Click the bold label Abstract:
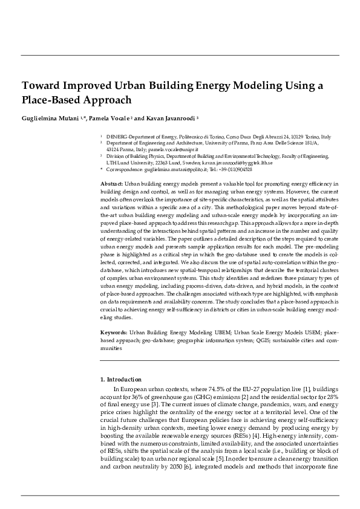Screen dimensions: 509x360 111,183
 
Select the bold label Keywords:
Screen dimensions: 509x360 113,332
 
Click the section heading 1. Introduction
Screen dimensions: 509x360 120,379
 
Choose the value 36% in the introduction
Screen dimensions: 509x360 137,395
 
